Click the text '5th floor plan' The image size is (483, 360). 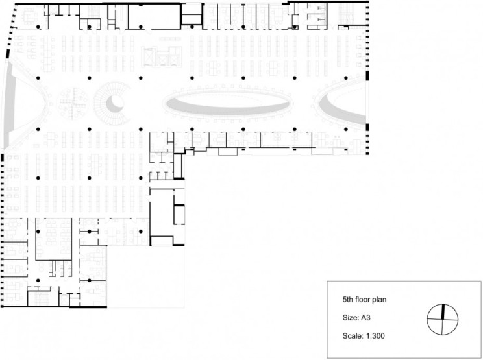click(364, 300)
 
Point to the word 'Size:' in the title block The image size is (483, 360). click(350, 318)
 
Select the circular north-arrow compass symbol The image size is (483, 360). click(443, 318)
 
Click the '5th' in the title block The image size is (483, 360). click(348, 300)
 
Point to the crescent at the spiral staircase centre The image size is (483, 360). click(114, 102)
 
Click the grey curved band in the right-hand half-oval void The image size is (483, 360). click(344, 110)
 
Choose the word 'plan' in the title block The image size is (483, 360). click(379, 300)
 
